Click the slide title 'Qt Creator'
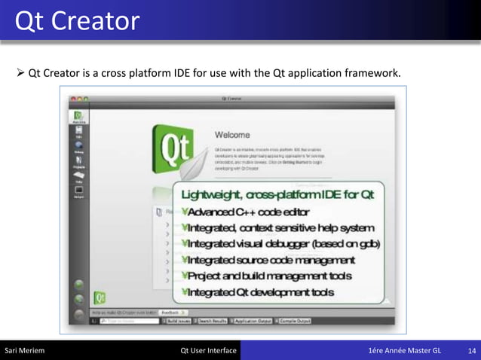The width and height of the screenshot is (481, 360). pos(77,20)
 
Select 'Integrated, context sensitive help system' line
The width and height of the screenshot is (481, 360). pos(278,227)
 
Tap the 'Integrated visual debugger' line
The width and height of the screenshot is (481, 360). pos(281,244)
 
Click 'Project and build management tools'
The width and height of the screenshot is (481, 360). pos(267,276)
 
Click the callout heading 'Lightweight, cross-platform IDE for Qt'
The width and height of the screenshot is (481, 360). pos(277,195)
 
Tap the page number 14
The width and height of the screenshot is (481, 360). pos(472,351)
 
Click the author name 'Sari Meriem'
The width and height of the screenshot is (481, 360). pos(25,351)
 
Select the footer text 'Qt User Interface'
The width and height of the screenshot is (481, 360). pos(209,351)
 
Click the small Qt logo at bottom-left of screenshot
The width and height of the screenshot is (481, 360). pos(99,297)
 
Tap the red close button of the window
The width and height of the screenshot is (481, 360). pos(73,99)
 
